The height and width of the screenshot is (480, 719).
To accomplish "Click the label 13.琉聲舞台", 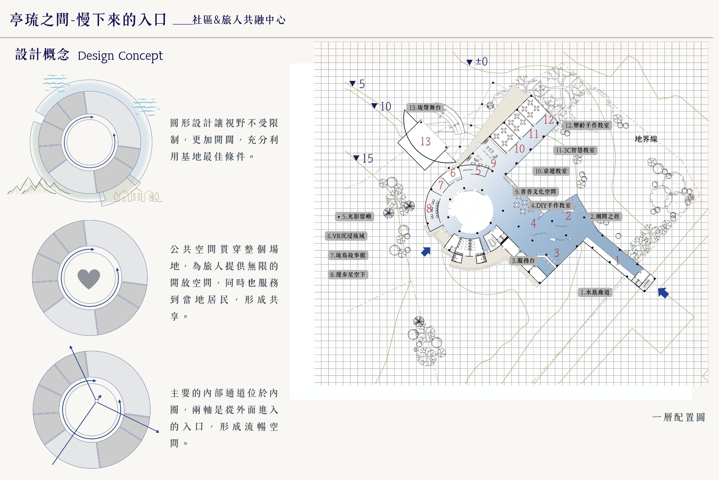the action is tap(425, 108).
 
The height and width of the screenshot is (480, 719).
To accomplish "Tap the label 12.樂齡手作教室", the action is tap(587, 125).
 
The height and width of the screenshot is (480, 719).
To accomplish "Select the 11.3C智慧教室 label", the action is tap(575, 150).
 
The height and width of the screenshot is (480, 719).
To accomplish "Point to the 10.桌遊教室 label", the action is tap(551, 171).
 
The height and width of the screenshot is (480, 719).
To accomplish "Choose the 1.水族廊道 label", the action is tap(595, 292).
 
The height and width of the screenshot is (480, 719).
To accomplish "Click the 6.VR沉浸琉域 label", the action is tap(346, 236).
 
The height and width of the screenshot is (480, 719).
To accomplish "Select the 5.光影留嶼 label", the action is tap(355, 217).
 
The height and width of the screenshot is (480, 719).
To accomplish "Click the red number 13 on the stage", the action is tap(425, 141).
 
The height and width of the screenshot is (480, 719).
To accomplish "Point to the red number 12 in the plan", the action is tap(548, 120).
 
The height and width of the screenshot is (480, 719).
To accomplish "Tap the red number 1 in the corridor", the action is tap(618, 260).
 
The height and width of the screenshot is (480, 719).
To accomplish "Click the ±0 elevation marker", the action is tap(477, 61).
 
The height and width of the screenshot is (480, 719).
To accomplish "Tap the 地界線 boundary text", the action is tap(646, 139).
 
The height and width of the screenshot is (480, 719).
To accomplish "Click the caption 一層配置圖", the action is tap(678, 417).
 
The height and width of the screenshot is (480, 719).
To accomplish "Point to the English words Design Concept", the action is tap(120, 56).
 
